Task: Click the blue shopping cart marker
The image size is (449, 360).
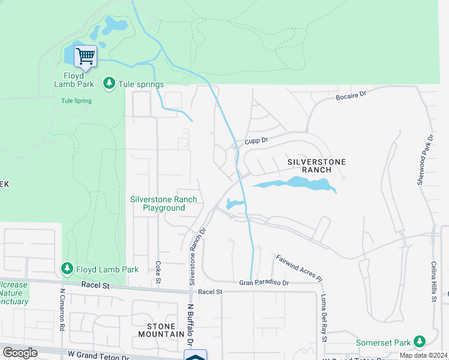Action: click(x=85, y=57)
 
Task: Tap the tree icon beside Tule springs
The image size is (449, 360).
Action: click(x=109, y=83)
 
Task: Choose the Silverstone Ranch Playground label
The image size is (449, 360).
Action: click(x=164, y=203)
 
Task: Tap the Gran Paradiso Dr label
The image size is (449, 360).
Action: click(x=264, y=282)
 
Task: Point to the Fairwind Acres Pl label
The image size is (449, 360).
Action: click(x=299, y=269)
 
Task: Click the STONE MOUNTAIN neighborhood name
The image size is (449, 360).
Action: click(x=161, y=329)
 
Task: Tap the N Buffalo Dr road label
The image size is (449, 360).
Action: click(x=190, y=324)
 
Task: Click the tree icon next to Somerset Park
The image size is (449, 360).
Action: click(x=420, y=343)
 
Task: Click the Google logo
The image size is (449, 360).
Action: click(x=20, y=353)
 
